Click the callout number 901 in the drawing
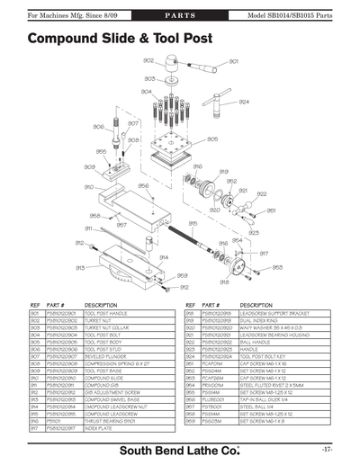click(234, 61)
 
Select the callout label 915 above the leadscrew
click(193, 223)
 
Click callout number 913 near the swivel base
click(80, 267)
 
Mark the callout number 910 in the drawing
click(89, 187)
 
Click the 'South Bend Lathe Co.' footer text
click(181, 448)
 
